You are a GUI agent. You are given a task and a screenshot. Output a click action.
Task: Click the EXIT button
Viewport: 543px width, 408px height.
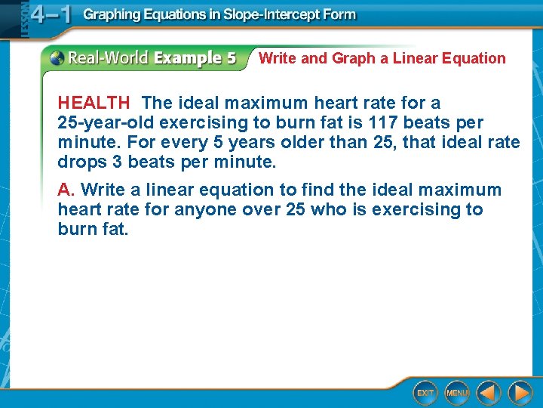click(x=425, y=393)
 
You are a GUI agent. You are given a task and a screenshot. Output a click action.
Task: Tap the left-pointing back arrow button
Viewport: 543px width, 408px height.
click(x=489, y=393)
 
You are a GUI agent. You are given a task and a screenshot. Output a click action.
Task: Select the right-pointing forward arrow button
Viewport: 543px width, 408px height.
click(x=520, y=393)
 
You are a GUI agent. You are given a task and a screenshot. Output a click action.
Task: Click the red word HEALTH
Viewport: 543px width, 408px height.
click(x=94, y=103)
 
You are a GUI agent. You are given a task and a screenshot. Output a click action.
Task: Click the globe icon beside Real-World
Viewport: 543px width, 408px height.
click(x=57, y=58)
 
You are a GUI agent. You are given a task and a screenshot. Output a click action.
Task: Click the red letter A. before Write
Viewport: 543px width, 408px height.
click(x=66, y=190)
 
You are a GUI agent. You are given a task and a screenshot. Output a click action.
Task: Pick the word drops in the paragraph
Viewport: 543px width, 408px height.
click(x=81, y=162)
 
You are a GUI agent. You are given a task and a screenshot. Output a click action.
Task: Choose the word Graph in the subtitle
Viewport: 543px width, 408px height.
click(x=353, y=58)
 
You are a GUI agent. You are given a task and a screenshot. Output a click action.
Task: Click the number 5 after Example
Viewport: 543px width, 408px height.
click(x=229, y=58)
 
